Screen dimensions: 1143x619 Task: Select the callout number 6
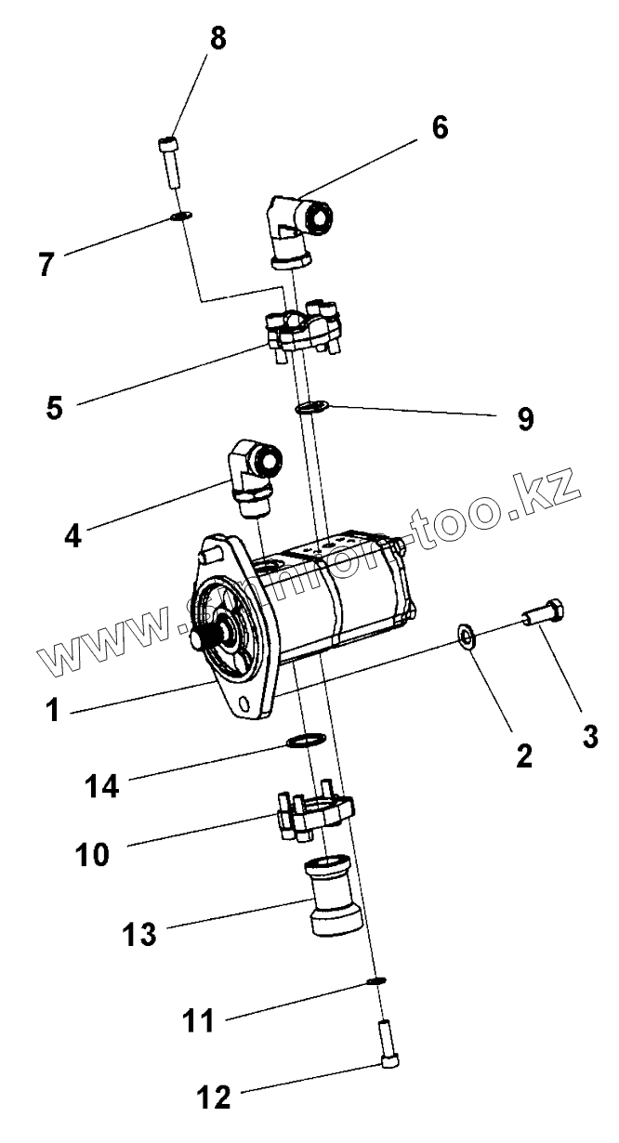coord(438,127)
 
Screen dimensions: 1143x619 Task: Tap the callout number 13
coord(140,934)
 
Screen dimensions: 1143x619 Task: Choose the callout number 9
coord(525,419)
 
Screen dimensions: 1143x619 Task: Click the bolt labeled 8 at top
coord(168,162)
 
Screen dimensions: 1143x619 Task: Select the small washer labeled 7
coord(181,217)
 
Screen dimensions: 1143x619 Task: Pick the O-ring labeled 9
coord(311,405)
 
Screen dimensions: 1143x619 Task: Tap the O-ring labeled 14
coord(305,741)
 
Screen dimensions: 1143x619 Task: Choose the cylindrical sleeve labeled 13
coord(333,898)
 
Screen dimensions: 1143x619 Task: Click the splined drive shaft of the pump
coord(204,640)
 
